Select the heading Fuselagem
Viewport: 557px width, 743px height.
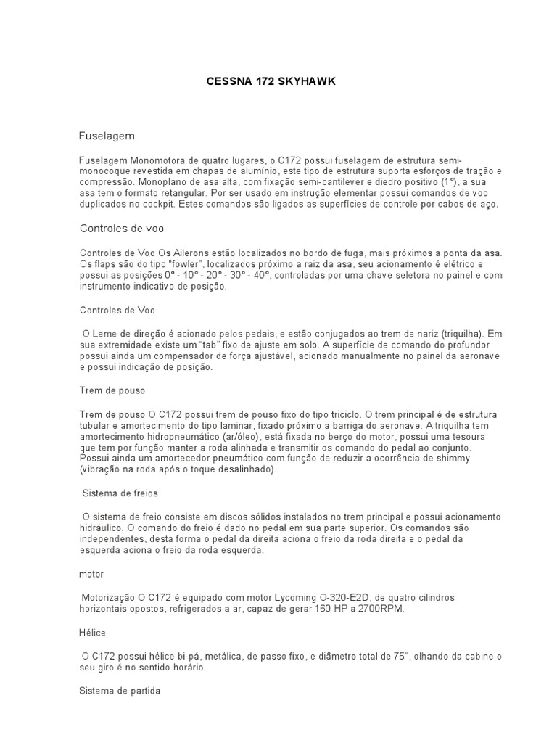pos(107,136)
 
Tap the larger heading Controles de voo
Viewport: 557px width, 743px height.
pos(122,228)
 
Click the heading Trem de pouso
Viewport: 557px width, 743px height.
pos(112,390)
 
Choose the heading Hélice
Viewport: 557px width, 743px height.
pos(92,633)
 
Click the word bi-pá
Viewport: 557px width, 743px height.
pos(199,656)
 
